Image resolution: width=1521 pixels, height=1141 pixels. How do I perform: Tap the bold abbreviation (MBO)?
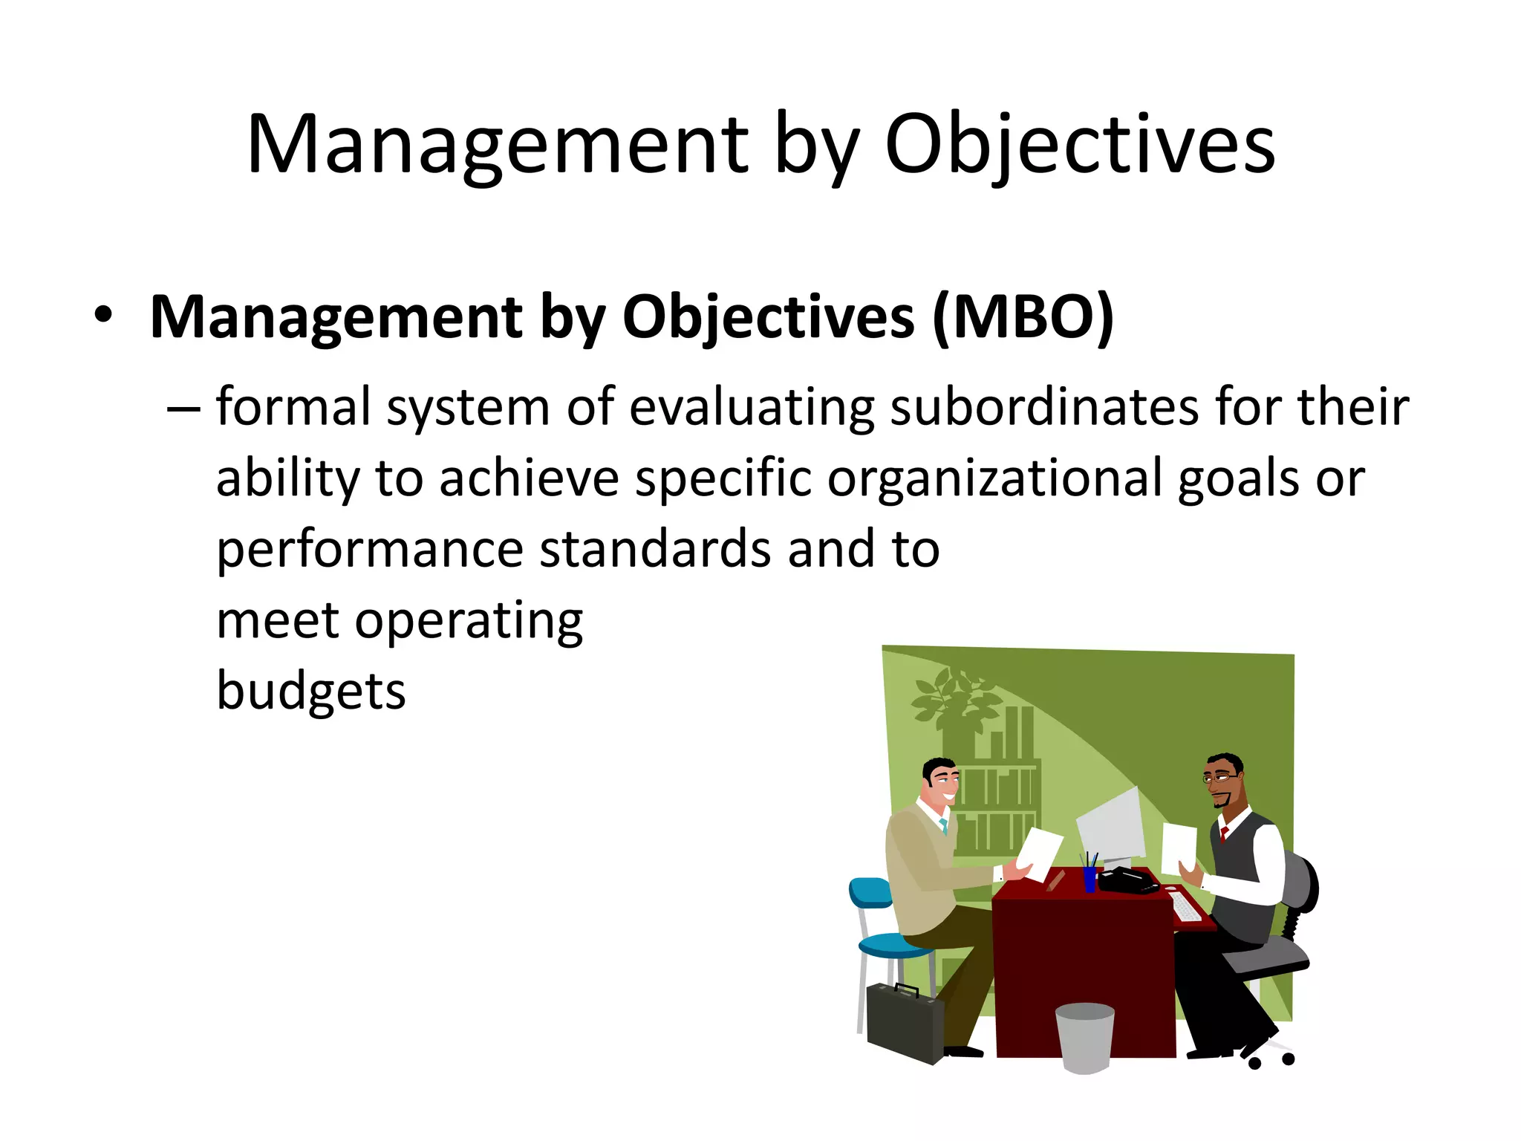pos(1023,317)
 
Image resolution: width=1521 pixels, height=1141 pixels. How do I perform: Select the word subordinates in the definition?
pos(1043,408)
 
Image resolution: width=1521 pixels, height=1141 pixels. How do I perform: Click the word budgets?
pos(310,691)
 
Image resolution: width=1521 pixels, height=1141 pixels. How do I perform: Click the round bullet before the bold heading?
pos(103,316)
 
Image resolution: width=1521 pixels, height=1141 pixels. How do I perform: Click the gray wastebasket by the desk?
pos(1084,1037)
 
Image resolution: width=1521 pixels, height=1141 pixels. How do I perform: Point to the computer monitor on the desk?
pos(1112,825)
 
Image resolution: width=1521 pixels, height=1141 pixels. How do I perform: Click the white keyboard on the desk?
pos(1185,906)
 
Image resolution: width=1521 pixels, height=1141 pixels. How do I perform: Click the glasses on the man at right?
pos(1219,778)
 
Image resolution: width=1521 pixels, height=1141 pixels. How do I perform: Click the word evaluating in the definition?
pos(752,408)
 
